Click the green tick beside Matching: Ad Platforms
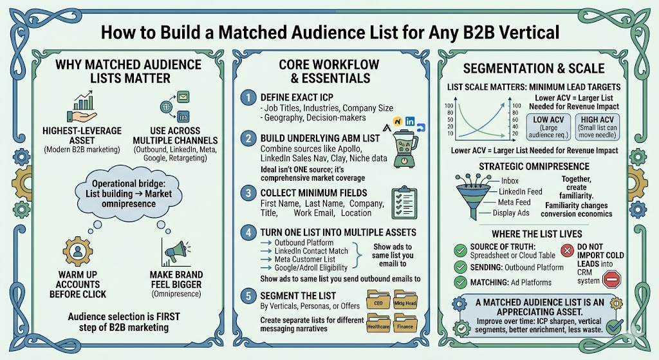pos(461,282)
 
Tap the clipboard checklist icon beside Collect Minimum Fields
pos(404,201)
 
